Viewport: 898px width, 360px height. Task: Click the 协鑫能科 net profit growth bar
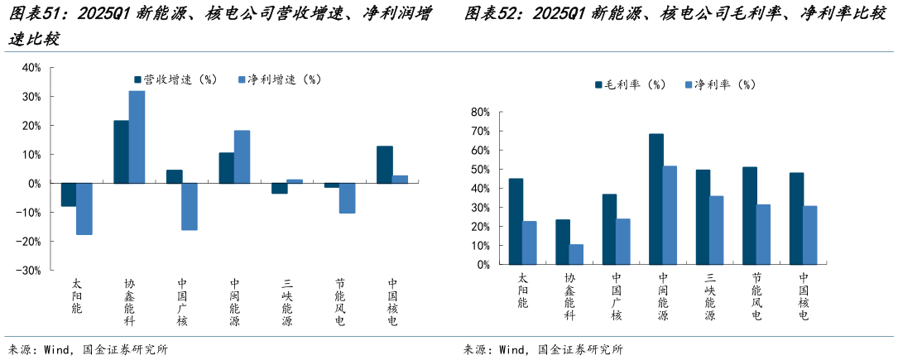point(137,137)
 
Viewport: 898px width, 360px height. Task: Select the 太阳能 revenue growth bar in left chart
point(69,194)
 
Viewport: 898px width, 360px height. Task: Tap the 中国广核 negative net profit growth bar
point(190,206)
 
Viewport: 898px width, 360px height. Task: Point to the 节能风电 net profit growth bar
point(347,198)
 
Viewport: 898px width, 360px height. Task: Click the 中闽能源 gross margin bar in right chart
point(655,199)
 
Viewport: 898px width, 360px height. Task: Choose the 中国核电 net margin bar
point(810,236)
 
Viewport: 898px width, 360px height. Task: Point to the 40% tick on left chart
point(31,68)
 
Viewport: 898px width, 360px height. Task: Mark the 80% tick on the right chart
point(480,112)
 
